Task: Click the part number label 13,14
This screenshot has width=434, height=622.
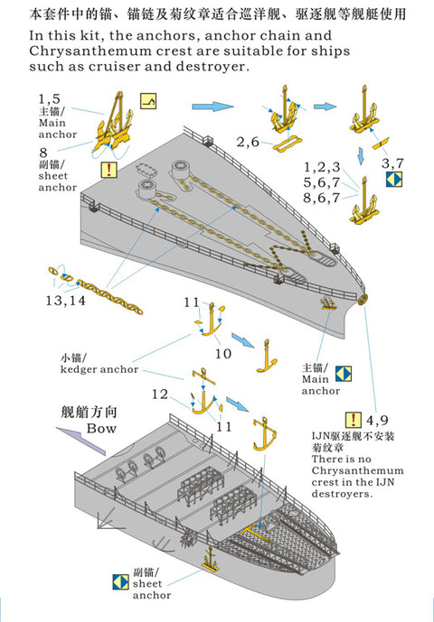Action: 66,301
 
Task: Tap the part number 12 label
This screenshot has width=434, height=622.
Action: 160,395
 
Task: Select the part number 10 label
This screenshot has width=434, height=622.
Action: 223,354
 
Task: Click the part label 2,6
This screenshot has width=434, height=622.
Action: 248,142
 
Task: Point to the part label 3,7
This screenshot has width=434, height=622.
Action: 392,163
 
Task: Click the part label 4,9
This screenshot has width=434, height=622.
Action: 377,420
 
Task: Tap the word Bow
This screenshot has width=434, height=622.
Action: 101,429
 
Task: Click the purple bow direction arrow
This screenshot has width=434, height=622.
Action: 80,440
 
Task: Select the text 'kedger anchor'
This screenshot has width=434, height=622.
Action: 99,369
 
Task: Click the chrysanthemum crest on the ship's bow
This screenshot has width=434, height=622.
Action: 362,300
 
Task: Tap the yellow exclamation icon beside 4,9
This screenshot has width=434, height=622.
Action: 353,420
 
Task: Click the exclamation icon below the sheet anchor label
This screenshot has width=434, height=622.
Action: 108,170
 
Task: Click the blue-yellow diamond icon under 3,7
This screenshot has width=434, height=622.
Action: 394,180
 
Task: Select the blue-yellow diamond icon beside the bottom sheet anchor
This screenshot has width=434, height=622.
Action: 120,581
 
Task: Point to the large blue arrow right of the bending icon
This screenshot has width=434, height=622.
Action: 212,107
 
